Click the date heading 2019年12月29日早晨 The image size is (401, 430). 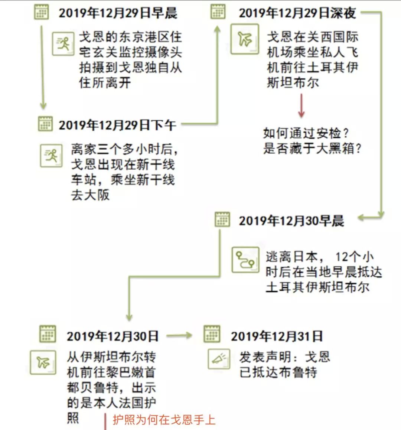pyautogui.click(x=118, y=13)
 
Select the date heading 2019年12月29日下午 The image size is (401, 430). pyautogui.click(x=117, y=125)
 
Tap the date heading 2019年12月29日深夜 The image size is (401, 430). pyautogui.click(x=297, y=13)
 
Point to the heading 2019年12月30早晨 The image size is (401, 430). pyautogui.click(x=291, y=221)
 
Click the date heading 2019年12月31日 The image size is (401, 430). pyautogui.click(x=277, y=336)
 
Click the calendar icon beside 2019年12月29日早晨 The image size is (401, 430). pyautogui.click(x=41, y=12)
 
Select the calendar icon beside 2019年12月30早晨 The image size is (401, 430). pyautogui.click(x=222, y=219)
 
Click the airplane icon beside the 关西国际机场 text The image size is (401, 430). pyautogui.click(x=245, y=39)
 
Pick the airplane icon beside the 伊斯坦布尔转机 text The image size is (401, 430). pyautogui.click(x=43, y=362)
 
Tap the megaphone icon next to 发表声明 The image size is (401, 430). pyautogui.click(x=219, y=359)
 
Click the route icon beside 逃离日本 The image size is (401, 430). pyautogui.click(x=245, y=260)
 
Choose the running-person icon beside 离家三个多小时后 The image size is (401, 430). pyautogui.click(x=51, y=156)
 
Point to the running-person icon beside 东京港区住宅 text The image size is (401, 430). pyautogui.click(x=63, y=44)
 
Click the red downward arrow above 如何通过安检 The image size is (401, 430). pyautogui.click(x=301, y=106)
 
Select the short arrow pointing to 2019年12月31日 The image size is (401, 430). pyautogui.click(x=179, y=336)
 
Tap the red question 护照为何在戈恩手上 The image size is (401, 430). pyautogui.click(x=164, y=420)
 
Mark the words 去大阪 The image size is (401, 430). pyautogui.click(x=90, y=195)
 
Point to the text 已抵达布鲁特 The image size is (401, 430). pyautogui.click(x=278, y=372)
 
